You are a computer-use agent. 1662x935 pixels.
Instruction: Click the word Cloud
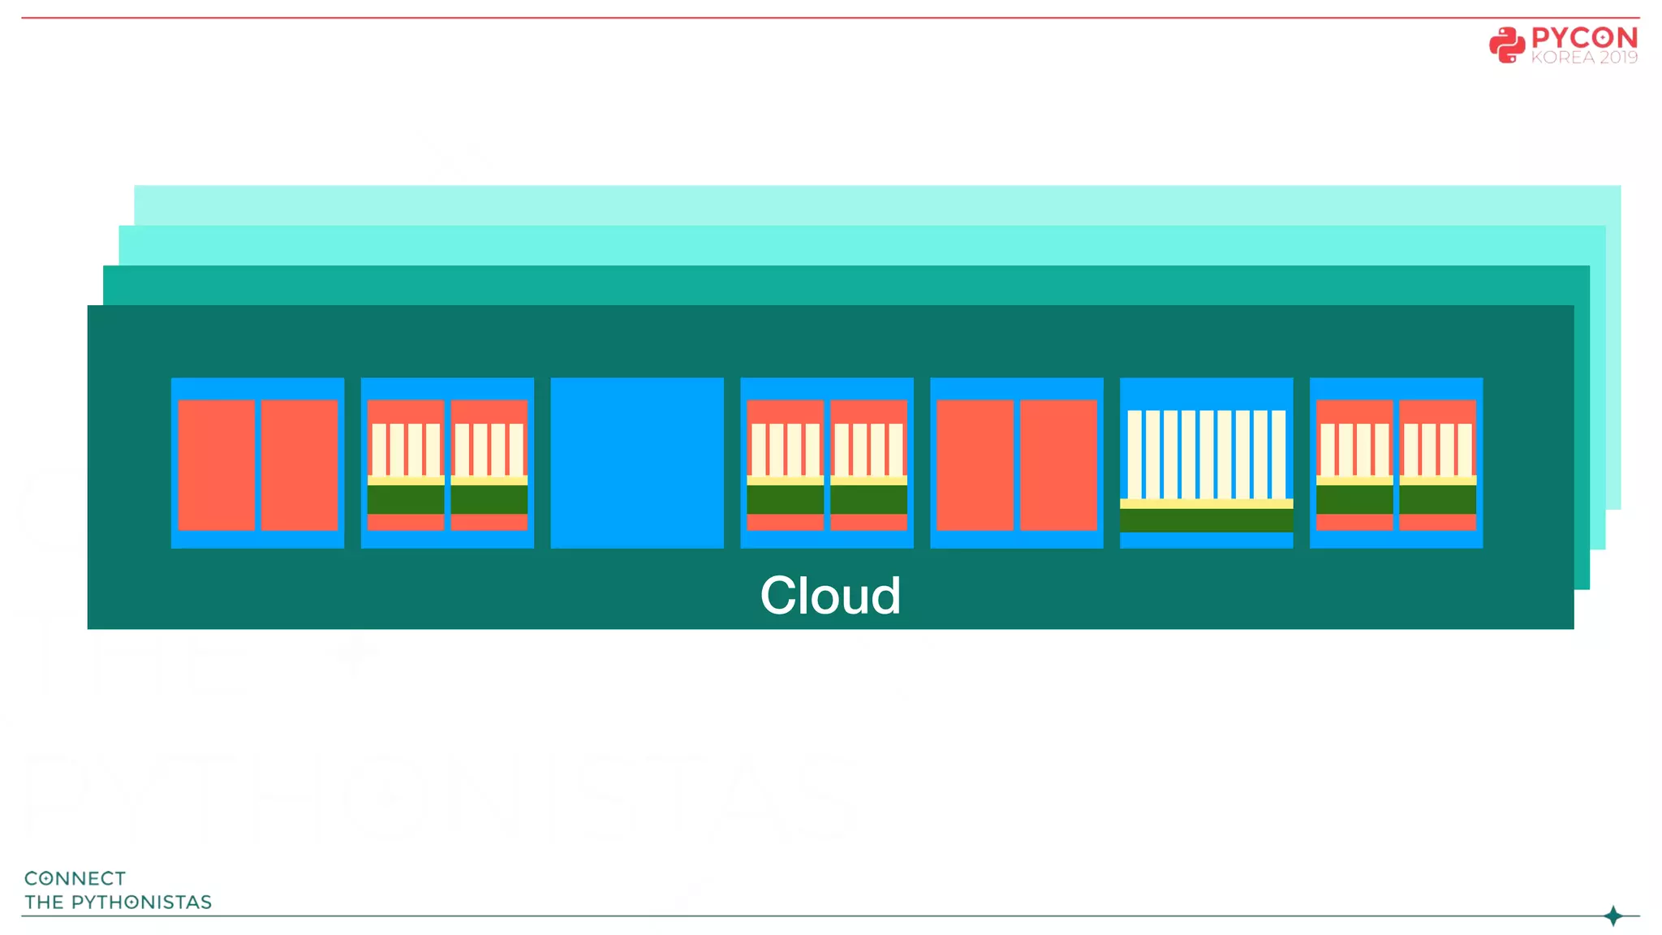(829, 596)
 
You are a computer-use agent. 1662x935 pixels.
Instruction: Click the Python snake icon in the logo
(1506, 45)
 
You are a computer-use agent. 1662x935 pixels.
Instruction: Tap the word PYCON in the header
(1583, 37)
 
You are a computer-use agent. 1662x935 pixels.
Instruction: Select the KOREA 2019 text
(1583, 58)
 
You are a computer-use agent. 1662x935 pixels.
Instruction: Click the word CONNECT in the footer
(75, 878)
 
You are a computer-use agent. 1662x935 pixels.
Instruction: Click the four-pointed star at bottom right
(1613, 916)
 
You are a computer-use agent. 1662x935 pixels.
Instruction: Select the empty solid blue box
(637, 463)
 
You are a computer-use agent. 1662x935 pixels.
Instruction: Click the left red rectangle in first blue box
(216, 464)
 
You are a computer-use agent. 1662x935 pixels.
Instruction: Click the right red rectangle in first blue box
(299, 464)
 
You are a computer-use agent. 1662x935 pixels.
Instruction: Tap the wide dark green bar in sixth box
(1206, 519)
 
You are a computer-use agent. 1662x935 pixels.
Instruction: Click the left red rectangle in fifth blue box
(975, 464)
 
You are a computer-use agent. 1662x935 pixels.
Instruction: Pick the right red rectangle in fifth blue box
(1058, 464)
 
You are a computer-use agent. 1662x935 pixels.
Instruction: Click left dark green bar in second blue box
(406, 499)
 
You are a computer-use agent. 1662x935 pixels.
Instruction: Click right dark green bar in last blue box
(1437, 499)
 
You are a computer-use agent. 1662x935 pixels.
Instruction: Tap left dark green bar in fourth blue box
(785, 499)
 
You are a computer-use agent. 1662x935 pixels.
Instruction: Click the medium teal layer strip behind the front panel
(844, 285)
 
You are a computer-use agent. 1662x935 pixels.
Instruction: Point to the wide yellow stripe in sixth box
(1206, 503)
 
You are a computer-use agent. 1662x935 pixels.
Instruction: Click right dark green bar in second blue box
(489, 499)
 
